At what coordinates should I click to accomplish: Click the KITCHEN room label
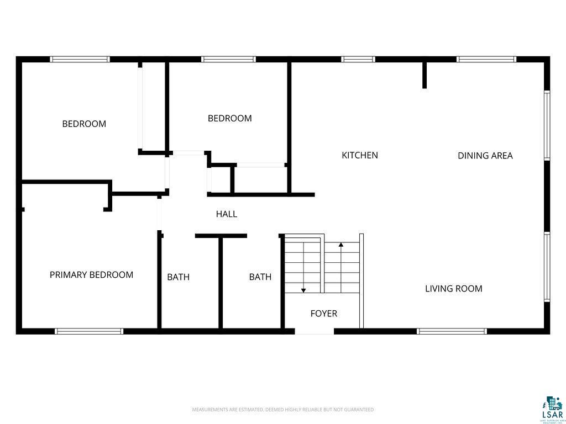360,155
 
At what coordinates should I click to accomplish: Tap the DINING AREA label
485,156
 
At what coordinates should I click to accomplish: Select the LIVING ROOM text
453,289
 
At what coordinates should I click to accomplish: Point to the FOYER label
323,314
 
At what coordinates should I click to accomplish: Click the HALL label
227,214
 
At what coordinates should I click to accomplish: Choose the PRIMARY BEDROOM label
91,275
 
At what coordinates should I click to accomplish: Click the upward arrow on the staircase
341,244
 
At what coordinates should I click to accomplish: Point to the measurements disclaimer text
282,410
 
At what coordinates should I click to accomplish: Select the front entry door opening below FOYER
314,332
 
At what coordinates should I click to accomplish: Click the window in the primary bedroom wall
88,331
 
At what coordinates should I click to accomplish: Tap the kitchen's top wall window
358,59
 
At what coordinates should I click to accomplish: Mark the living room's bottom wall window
452,331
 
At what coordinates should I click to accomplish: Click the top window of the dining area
486,59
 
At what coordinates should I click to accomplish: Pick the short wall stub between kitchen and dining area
424,75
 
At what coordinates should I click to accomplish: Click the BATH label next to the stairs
260,277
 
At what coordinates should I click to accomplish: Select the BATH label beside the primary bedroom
178,277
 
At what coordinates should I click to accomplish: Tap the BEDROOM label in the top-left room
84,124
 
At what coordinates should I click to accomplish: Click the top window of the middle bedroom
228,59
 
